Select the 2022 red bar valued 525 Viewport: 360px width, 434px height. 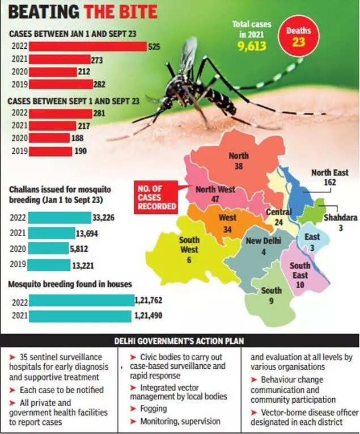(x=87, y=47)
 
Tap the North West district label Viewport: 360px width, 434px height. (x=215, y=191)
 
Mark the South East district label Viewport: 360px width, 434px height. (x=299, y=270)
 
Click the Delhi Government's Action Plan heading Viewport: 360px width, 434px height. (x=180, y=342)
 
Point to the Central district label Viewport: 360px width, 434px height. (x=278, y=213)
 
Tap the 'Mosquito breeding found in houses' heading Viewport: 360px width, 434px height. (x=70, y=284)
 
